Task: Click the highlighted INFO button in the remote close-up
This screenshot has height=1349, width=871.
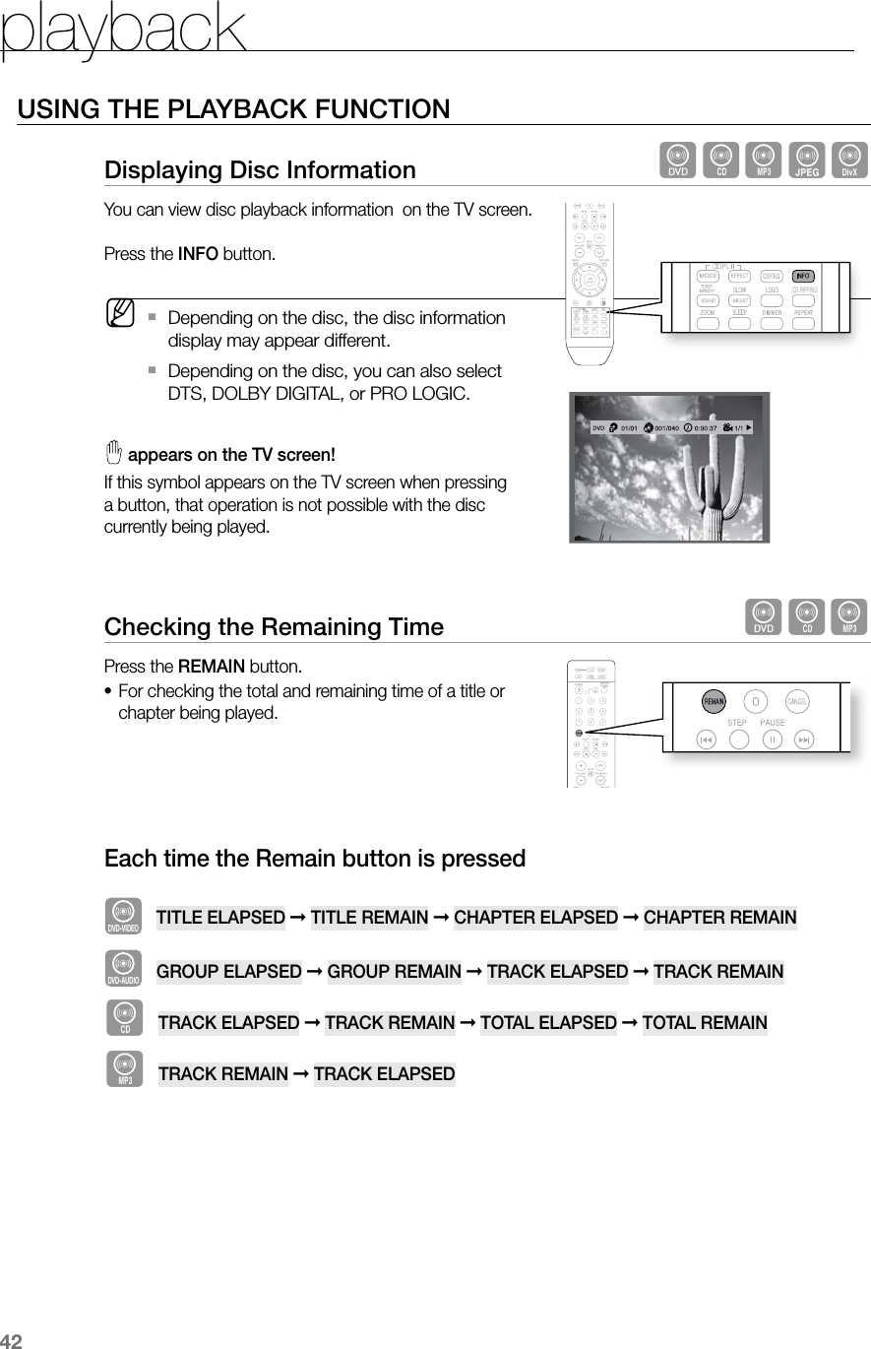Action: (803, 275)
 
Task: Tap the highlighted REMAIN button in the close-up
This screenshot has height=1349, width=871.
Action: (714, 702)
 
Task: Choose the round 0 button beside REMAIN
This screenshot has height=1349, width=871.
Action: (756, 701)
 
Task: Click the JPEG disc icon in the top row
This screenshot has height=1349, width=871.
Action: (808, 159)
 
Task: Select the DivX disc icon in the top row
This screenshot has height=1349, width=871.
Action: (849, 159)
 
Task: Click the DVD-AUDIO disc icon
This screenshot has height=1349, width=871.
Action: (123, 967)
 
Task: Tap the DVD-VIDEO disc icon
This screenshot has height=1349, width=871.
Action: (123, 914)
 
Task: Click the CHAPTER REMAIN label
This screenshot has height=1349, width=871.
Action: (719, 918)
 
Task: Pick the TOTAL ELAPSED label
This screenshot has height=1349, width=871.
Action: (548, 1022)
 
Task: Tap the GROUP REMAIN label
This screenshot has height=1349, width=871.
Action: (394, 972)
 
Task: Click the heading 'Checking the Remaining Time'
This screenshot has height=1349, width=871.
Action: (274, 626)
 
